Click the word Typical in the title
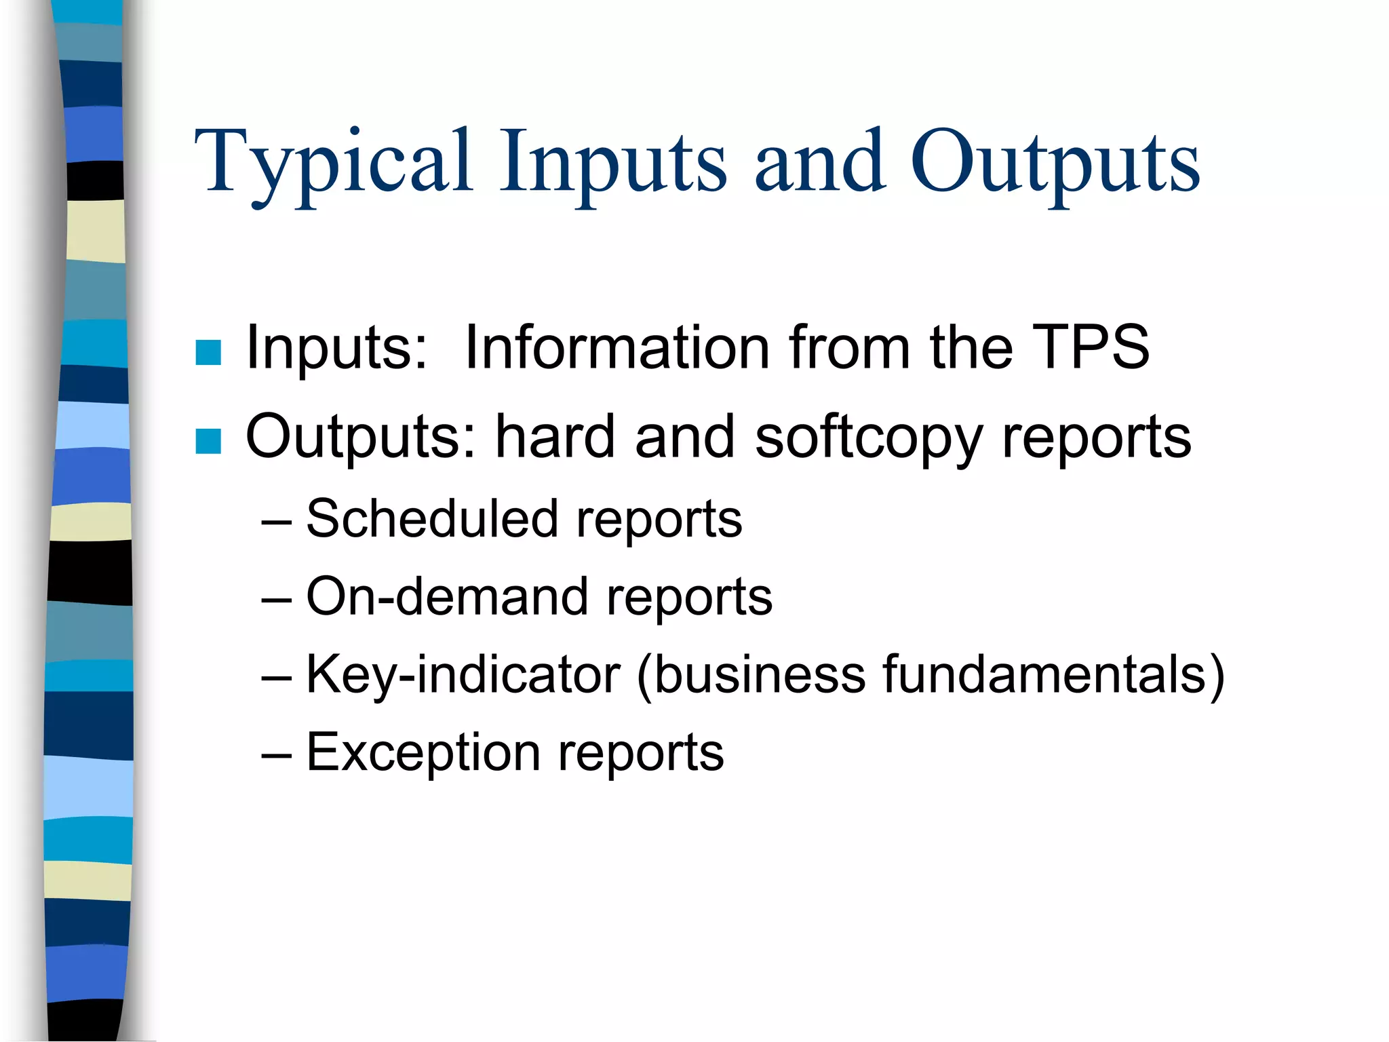pyautogui.click(x=332, y=163)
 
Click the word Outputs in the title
pyautogui.click(x=1055, y=163)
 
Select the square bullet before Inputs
pyautogui.click(x=208, y=352)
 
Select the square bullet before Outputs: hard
pyautogui.click(x=208, y=441)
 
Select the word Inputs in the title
pyautogui.click(x=614, y=163)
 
